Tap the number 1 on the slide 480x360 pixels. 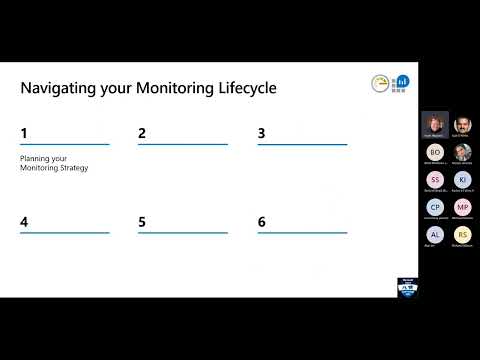[x=24, y=133]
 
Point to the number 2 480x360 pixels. [x=142, y=133]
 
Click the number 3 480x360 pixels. [x=261, y=133]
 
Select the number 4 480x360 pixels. [x=24, y=221]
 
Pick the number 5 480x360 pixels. [x=142, y=221]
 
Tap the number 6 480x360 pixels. [x=261, y=221]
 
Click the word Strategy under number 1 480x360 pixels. [x=73, y=167]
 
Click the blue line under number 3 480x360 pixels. [x=301, y=145]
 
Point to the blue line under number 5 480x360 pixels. [x=182, y=233]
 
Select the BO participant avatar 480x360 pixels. [x=433, y=152]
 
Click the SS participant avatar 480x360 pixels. [x=433, y=179]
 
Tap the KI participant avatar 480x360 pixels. [x=461, y=179]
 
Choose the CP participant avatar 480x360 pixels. [x=433, y=207]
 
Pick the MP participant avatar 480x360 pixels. [x=461, y=207]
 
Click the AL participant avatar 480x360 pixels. [x=433, y=234]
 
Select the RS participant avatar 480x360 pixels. [x=461, y=234]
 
